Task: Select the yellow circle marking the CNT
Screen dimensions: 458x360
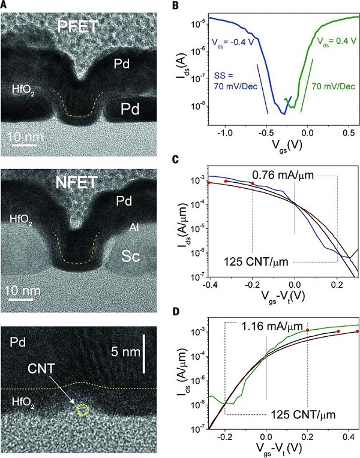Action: (x=83, y=411)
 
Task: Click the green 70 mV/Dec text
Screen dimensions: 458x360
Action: (x=332, y=87)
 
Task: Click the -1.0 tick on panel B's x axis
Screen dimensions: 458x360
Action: (x=224, y=134)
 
